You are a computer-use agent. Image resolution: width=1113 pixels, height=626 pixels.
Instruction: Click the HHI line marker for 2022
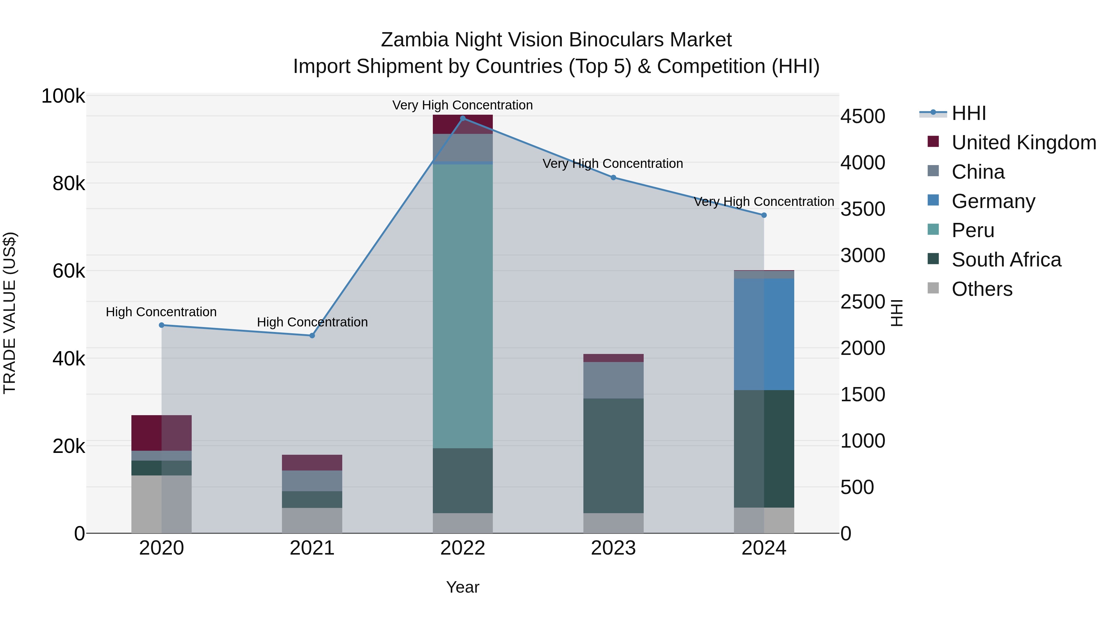(463, 118)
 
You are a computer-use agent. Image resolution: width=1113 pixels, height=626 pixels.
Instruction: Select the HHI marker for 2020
(162, 325)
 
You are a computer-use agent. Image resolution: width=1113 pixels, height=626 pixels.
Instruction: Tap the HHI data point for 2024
(764, 215)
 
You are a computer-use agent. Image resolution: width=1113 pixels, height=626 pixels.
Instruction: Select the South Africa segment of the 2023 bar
(613, 455)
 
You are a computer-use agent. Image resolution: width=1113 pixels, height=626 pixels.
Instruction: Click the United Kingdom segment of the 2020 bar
(162, 432)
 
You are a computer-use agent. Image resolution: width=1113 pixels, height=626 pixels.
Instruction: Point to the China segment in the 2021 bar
(312, 480)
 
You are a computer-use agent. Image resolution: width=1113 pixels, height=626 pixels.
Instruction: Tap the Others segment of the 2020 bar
(162, 504)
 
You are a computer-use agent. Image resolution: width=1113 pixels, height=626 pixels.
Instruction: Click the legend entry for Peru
(973, 230)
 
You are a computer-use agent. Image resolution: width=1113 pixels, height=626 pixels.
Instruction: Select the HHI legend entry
(968, 113)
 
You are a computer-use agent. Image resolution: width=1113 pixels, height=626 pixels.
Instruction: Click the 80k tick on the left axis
(68, 184)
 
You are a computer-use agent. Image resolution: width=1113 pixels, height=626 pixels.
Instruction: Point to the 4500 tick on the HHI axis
(862, 116)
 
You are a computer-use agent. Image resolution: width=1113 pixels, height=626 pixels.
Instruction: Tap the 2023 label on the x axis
(613, 548)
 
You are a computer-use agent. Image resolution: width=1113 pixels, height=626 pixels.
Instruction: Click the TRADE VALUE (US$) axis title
(10, 313)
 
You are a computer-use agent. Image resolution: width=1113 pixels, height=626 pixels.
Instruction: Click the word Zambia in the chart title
(415, 40)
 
